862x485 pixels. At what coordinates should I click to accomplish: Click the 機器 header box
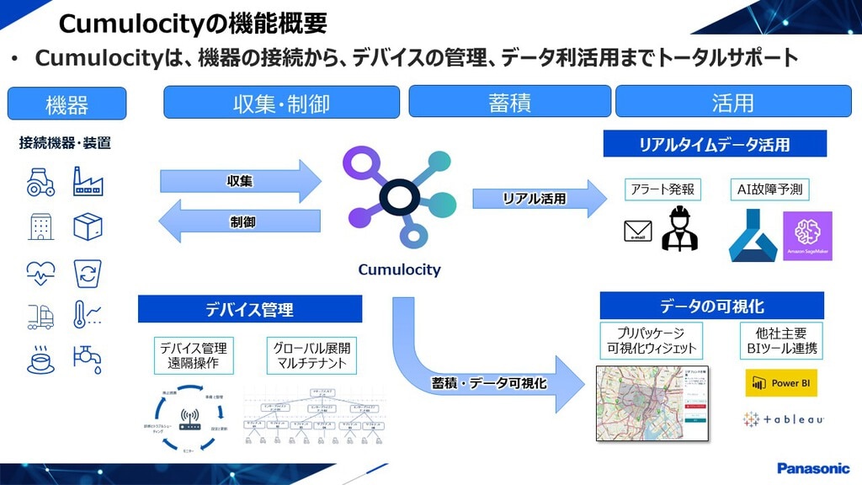coord(67,104)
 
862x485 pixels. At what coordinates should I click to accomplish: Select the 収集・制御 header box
coord(281,103)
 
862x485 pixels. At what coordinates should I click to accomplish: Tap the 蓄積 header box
coord(508,102)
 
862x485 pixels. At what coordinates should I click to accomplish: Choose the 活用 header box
coord(732,102)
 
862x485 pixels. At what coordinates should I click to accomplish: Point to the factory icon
coord(88,181)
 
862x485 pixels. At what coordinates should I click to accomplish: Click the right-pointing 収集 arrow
coord(241,181)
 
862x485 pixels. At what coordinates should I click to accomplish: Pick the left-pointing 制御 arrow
coord(241,222)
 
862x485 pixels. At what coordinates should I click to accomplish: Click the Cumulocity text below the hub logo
coord(399,270)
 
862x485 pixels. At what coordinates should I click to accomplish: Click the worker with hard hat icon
coord(679,228)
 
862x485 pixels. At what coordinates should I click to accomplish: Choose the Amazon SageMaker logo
coord(806,236)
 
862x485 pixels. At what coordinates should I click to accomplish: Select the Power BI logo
coord(780,383)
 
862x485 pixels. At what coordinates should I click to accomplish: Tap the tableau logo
coord(783,418)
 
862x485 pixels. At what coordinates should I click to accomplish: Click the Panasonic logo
coord(813,468)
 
